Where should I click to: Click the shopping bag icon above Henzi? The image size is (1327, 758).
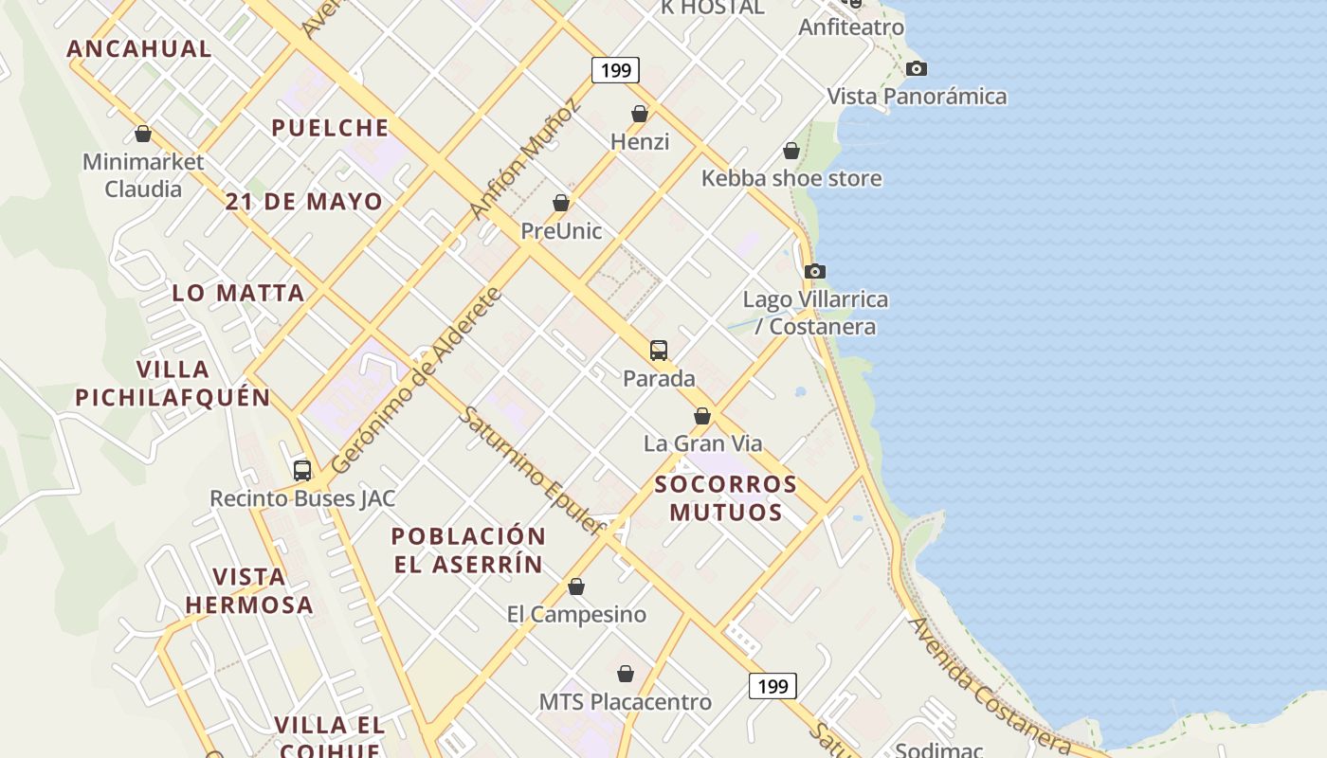click(640, 114)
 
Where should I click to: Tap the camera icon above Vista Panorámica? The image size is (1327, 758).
click(916, 68)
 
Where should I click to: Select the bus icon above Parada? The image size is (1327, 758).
click(659, 350)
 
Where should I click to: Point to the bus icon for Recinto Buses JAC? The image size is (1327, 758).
click(302, 470)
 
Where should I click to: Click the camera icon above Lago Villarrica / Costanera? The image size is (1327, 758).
click(814, 272)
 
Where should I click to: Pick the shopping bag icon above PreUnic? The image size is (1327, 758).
click(561, 203)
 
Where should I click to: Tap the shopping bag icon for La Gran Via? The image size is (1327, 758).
click(702, 416)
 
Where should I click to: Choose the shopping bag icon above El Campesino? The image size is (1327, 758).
click(576, 587)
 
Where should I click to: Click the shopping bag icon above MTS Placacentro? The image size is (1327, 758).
click(626, 674)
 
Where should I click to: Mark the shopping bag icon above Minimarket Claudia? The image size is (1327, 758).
click(143, 134)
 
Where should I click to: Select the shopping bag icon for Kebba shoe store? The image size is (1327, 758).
click(791, 151)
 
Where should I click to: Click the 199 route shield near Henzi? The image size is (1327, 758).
click(616, 70)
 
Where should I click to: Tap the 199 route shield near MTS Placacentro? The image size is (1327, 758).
click(773, 686)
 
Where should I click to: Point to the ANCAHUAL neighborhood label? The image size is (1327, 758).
click(139, 49)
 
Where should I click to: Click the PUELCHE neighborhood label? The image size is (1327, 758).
click(330, 128)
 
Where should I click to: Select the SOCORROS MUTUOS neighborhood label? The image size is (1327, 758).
click(726, 498)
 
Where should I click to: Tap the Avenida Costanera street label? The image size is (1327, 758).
click(990, 686)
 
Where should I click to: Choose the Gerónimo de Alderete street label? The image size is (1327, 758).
click(417, 380)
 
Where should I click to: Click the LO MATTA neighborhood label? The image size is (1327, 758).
click(238, 293)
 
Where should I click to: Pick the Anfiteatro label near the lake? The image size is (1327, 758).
click(851, 27)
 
